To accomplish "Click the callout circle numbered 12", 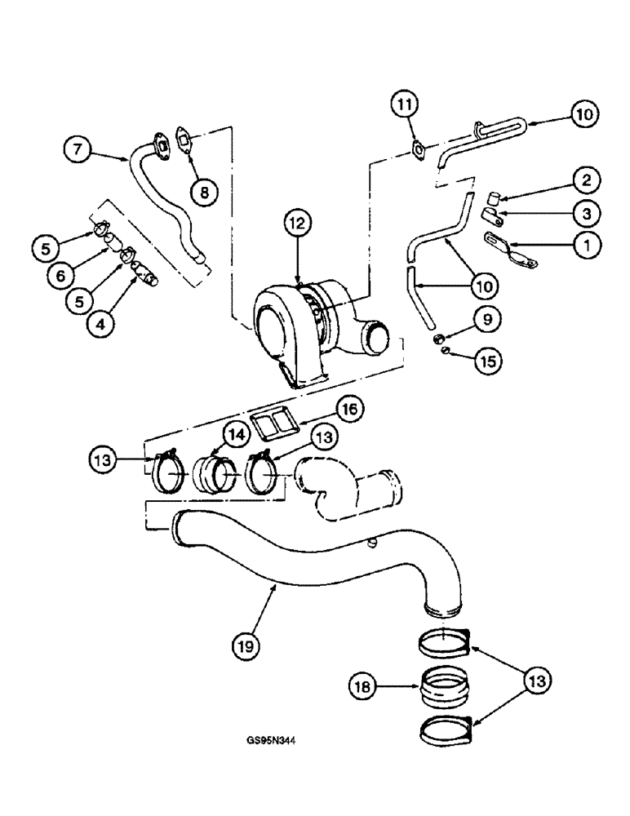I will tap(296, 222).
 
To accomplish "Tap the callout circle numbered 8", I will tap(204, 191).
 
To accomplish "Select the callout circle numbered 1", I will tap(586, 243).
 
